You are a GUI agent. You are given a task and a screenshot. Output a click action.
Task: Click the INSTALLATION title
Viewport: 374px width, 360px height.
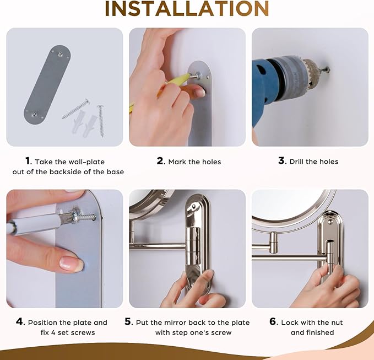click(187, 8)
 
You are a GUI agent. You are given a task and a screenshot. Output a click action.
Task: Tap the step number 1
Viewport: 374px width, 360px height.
click(28, 160)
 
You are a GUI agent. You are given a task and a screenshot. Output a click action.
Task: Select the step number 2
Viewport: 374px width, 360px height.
click(160, 160)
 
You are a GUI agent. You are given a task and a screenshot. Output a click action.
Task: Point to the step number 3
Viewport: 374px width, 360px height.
click(281, 160)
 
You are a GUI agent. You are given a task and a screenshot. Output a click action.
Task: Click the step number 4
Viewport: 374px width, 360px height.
click(20, 321)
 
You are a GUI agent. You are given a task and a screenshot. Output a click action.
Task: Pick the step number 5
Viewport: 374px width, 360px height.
click(128, 321)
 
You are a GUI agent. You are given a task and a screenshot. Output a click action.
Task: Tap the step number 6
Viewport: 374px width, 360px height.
click(273, 321)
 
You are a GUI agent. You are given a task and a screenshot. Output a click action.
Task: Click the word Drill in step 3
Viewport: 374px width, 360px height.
click(296, 162)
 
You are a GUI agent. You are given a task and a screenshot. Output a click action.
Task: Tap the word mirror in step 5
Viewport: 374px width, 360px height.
click(175, 323)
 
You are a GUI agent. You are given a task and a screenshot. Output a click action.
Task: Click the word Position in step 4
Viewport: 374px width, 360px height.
click(42, 323)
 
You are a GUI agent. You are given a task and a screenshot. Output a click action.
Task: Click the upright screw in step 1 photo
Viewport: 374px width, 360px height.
click(101, 121)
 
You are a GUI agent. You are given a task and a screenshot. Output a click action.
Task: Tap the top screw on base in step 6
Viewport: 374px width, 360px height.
click(329, 222)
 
